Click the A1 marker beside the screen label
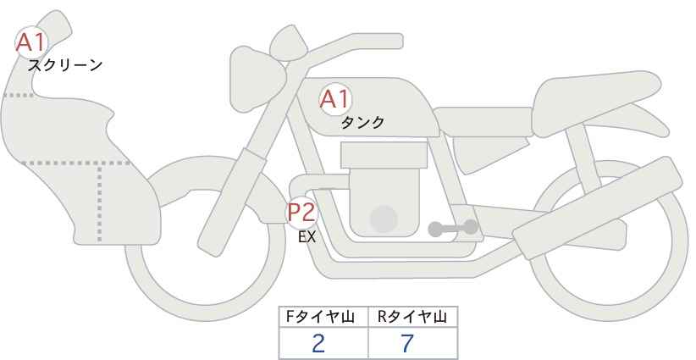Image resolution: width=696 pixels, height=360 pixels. [31, 42]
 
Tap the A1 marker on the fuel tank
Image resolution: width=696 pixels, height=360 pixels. [335, 99]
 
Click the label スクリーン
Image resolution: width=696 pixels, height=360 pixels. [65, 66]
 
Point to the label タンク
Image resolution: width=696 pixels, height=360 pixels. [362, 122]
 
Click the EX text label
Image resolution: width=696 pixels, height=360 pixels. [307, 237]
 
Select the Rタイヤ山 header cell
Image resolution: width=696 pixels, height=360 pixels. [413, 317]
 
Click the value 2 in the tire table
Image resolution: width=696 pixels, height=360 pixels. [318, 343]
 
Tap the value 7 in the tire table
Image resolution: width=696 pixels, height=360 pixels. [407, 343]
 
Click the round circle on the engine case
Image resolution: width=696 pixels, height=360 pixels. [384, 219]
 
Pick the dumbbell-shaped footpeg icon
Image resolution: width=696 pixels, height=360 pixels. [453, 228]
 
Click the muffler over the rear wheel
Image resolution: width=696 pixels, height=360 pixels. [598, 208]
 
